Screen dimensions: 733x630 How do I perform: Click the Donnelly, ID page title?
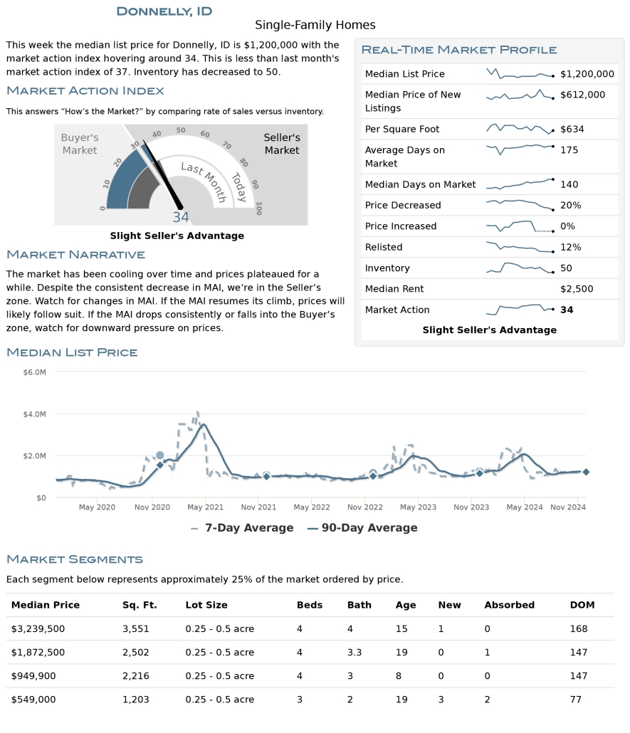click(164, 11)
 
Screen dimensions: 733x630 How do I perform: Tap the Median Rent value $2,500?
click(577, 289)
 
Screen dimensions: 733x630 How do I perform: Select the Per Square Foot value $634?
click(571, 129)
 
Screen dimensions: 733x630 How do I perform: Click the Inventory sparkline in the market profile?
click(520, 268)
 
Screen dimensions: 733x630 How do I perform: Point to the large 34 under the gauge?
click(181, 217)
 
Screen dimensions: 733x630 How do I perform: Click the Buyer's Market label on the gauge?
click(80, 144)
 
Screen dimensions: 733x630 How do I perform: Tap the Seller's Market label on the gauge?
click(282, 144)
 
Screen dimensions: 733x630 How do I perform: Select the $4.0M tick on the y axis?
click(35, 413)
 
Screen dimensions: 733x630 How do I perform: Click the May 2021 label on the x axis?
click(205, 507)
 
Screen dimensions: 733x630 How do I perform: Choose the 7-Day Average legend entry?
click(242, 528)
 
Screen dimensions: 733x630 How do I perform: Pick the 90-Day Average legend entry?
click(362, 528)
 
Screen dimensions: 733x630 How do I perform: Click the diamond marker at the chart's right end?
click(586, 472)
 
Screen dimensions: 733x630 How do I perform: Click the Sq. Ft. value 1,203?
click(136, 700)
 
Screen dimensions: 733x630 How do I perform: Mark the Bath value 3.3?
click(355, 653)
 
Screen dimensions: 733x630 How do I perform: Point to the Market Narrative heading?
click(75, 255)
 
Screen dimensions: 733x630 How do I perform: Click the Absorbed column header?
click(509, 605)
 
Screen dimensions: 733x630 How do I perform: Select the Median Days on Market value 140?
click(569, 184)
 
